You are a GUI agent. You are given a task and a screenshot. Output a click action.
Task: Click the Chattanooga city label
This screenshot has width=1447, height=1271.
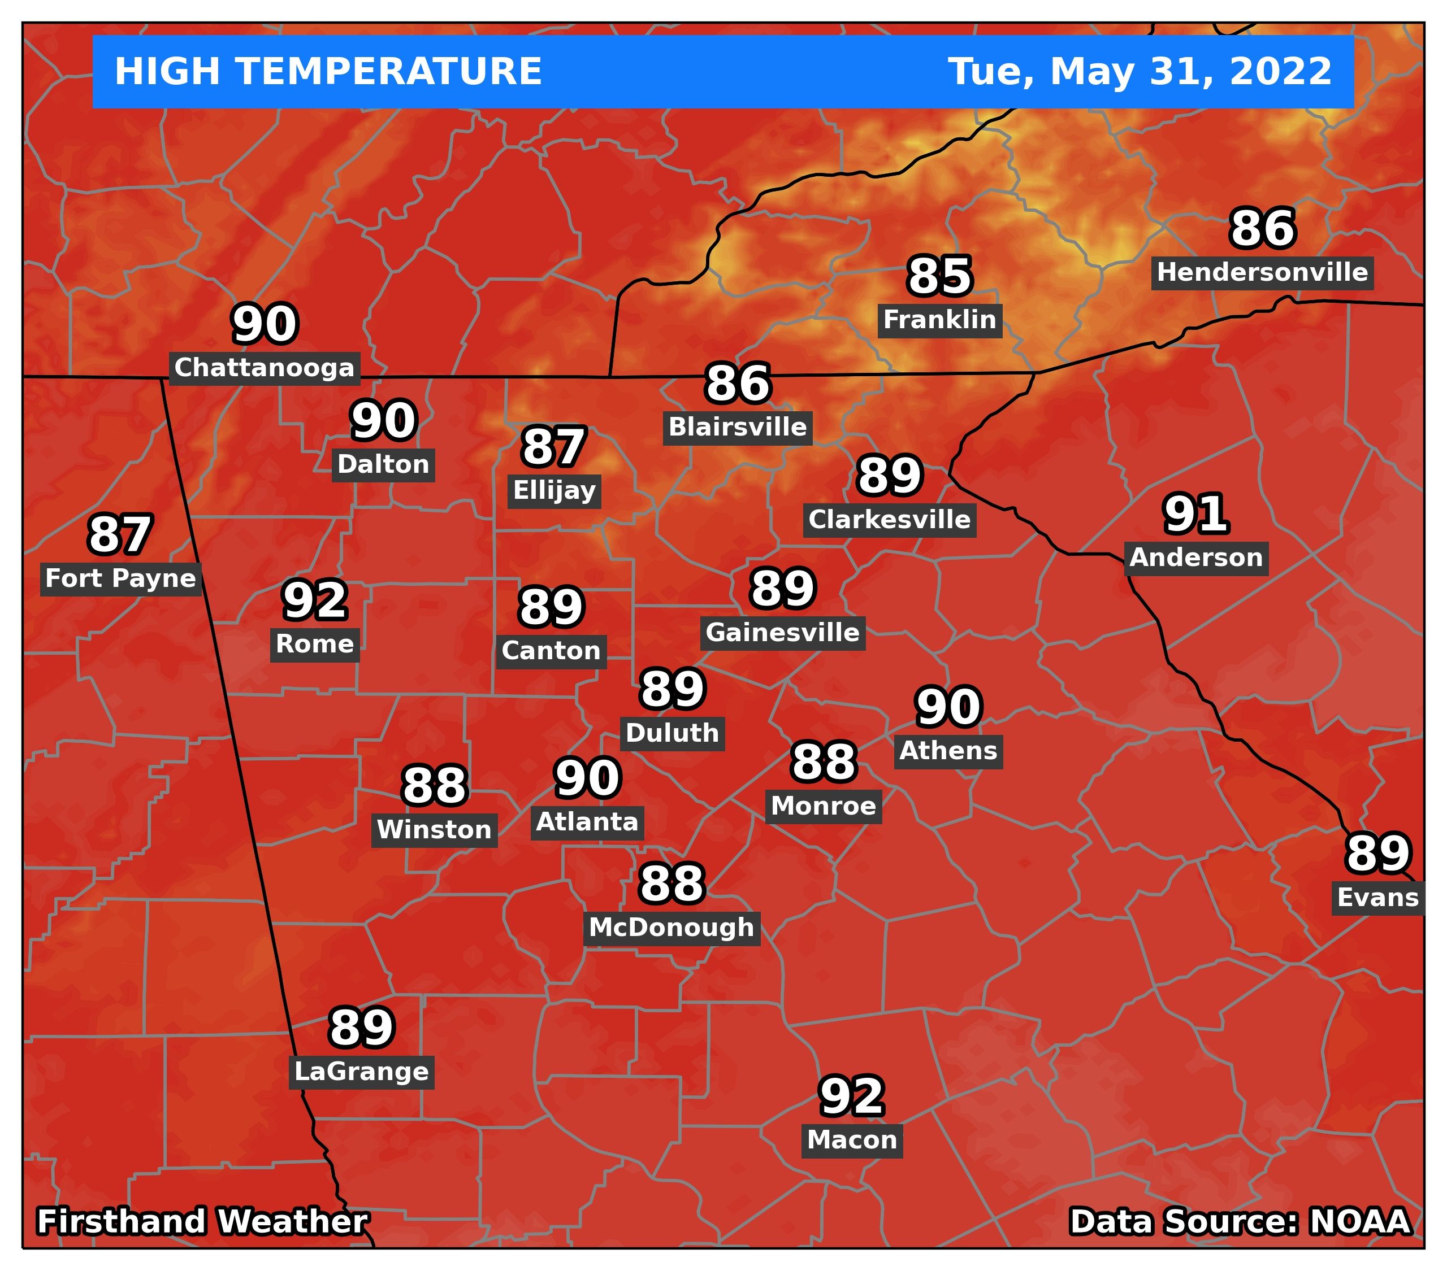[x=264, y=368]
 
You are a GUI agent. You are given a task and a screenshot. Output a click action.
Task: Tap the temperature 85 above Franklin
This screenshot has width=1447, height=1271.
[x=939, y=277]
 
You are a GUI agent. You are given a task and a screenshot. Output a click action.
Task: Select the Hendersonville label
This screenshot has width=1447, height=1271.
[x=1262, y=272]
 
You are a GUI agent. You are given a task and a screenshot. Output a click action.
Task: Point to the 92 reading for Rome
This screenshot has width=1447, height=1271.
[x=314, y=601]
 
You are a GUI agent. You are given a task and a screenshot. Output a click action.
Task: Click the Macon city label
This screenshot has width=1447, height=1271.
[x=852, y=1140]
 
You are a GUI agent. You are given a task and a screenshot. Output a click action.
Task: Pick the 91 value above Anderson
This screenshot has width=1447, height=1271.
[x=1195, y=515]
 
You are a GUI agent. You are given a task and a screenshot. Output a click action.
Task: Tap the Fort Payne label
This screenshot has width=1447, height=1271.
[x=120, y=579]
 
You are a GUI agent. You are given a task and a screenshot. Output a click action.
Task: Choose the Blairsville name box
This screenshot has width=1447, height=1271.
[x=737, y=428]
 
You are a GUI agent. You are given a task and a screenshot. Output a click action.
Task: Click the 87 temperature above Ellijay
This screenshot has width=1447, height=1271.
[x=553, y=448]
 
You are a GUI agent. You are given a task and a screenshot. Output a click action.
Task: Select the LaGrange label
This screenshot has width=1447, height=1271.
[x=361, y=1072]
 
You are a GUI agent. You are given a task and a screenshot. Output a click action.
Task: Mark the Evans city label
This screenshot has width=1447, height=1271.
[x=1377, y=898]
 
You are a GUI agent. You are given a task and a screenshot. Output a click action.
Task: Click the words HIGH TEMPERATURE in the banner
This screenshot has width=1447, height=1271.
[x=328, y=72]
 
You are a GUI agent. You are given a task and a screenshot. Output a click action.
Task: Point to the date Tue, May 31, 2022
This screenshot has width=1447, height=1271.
[x=1139, y=72]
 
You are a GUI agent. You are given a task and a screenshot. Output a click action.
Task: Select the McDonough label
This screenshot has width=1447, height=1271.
[x=671, y=928]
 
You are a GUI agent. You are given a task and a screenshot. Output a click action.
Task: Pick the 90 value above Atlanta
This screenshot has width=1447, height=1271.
[x=588, y=778]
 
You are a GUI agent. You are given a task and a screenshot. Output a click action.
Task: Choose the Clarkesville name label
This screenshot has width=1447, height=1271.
[x=889, y=520]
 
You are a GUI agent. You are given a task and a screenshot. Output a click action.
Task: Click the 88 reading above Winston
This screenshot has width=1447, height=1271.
[x=434, y=786]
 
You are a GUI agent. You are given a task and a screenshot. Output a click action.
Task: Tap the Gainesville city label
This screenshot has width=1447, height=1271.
[x=782, y=633]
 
